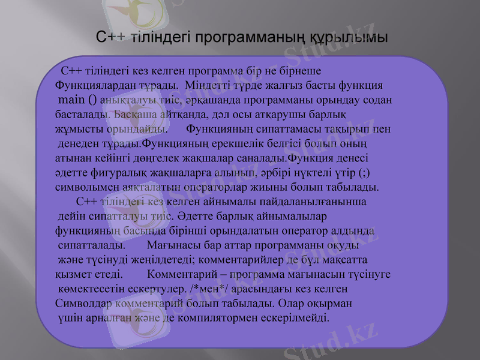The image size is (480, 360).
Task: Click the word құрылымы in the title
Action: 349,37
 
